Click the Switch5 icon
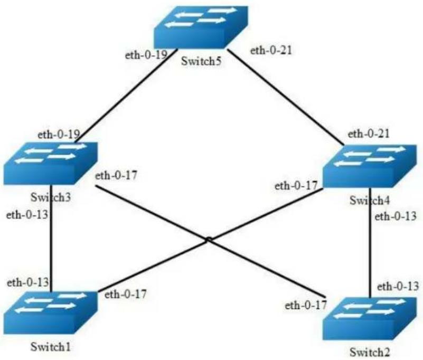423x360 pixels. pyautogui.click(x=201, y=27)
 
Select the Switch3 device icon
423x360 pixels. pyautogui.click(x=51, y=164)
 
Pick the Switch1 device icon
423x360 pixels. pyautogui.click(x=51, y=313)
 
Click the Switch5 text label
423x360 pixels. pyautogui.click(x=201, y=61)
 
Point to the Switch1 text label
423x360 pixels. pyautogui.click(x=51, y=347)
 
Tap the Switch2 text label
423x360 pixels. pyautogui.click(x=370, y=352)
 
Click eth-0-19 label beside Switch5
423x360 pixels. pyautogui.click(x=146, y=55)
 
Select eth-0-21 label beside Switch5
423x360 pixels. pyautogui.click(x=271, y=51)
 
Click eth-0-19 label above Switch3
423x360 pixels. pyautogui.click(x=59, y=134)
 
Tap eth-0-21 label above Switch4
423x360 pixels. pyautogui.click(x=369, y=134)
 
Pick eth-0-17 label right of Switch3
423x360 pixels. pyautogui.click(x=116, y=176)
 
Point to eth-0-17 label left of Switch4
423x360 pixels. pyautogui.click(x=296, y=185)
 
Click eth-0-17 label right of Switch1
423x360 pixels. pyautogui.click(x=126, y=294)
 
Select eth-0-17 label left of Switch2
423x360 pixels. pyautogui.click(x=306, y=305)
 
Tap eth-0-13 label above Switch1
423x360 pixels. pyautogui.click(x=28, y=282)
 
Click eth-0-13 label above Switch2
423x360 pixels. pyautogui.click(x=398, y=287)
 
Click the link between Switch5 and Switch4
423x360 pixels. pyautogui.click(x=286, y=97)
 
